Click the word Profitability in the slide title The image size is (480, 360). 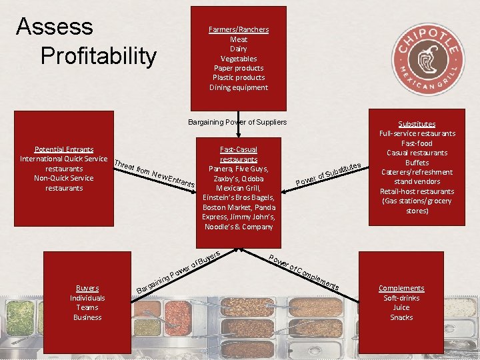click(98, 56)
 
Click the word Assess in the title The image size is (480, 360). click(55, 27)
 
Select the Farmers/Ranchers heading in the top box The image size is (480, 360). click(238, 29)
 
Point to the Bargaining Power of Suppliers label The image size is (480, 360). click(237, 122)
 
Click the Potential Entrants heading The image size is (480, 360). click(64, 149)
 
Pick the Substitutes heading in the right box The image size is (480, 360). click(417, 124)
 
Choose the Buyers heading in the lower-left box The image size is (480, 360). click(87, 288)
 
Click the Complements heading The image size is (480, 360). click(401, 288)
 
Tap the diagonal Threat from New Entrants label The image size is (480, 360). click(155, 173)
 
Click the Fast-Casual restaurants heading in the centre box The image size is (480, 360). click(238, 154)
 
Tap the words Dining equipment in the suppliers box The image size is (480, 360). click(238, 87)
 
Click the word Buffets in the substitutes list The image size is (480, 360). click(417, 163)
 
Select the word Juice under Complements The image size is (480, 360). click(401, 307)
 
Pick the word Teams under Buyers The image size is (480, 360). click(87, 307)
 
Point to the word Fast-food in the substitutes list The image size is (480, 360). click(417, 143)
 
